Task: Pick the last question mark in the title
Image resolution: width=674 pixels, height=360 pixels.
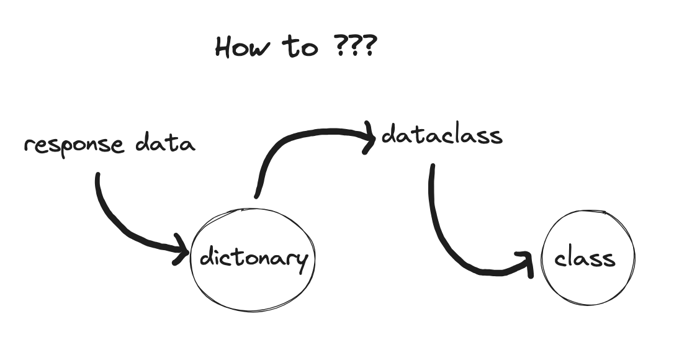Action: [368, 47]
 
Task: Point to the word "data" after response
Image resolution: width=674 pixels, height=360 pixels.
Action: [165, 143]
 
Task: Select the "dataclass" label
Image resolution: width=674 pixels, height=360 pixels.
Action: [441, 135]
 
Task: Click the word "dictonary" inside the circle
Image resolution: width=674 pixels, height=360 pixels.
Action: [253, 257]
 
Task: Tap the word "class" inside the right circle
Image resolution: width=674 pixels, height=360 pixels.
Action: [585, 258]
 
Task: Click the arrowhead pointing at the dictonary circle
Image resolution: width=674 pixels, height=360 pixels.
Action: [183, 250]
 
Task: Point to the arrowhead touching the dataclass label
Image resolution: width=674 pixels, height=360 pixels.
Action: [371, 136]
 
